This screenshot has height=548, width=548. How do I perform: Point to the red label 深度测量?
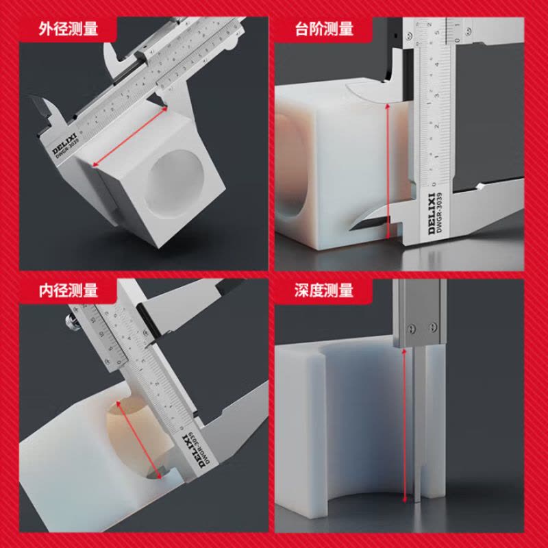click(324, 290)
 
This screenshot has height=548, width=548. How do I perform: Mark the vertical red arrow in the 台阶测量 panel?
click(388, 171)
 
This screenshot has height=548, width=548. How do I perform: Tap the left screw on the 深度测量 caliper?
click(410, 328)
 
